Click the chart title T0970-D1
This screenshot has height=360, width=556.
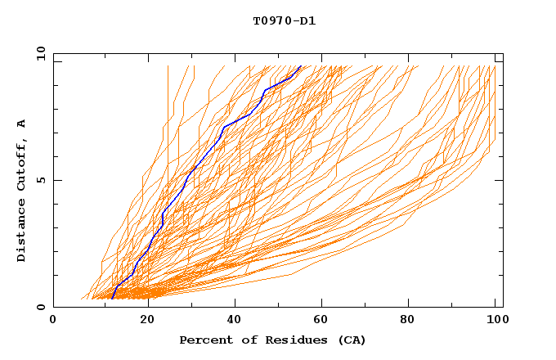(x=284, y=20)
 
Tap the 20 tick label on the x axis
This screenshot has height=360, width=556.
(x=147, y=321)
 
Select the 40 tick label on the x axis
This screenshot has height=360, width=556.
(x=235, y=321)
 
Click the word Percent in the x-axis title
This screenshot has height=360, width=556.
(x=202, y=340)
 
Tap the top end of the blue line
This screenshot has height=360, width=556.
(x=301, y=66)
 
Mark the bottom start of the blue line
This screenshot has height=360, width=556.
(x=112, y=298)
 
